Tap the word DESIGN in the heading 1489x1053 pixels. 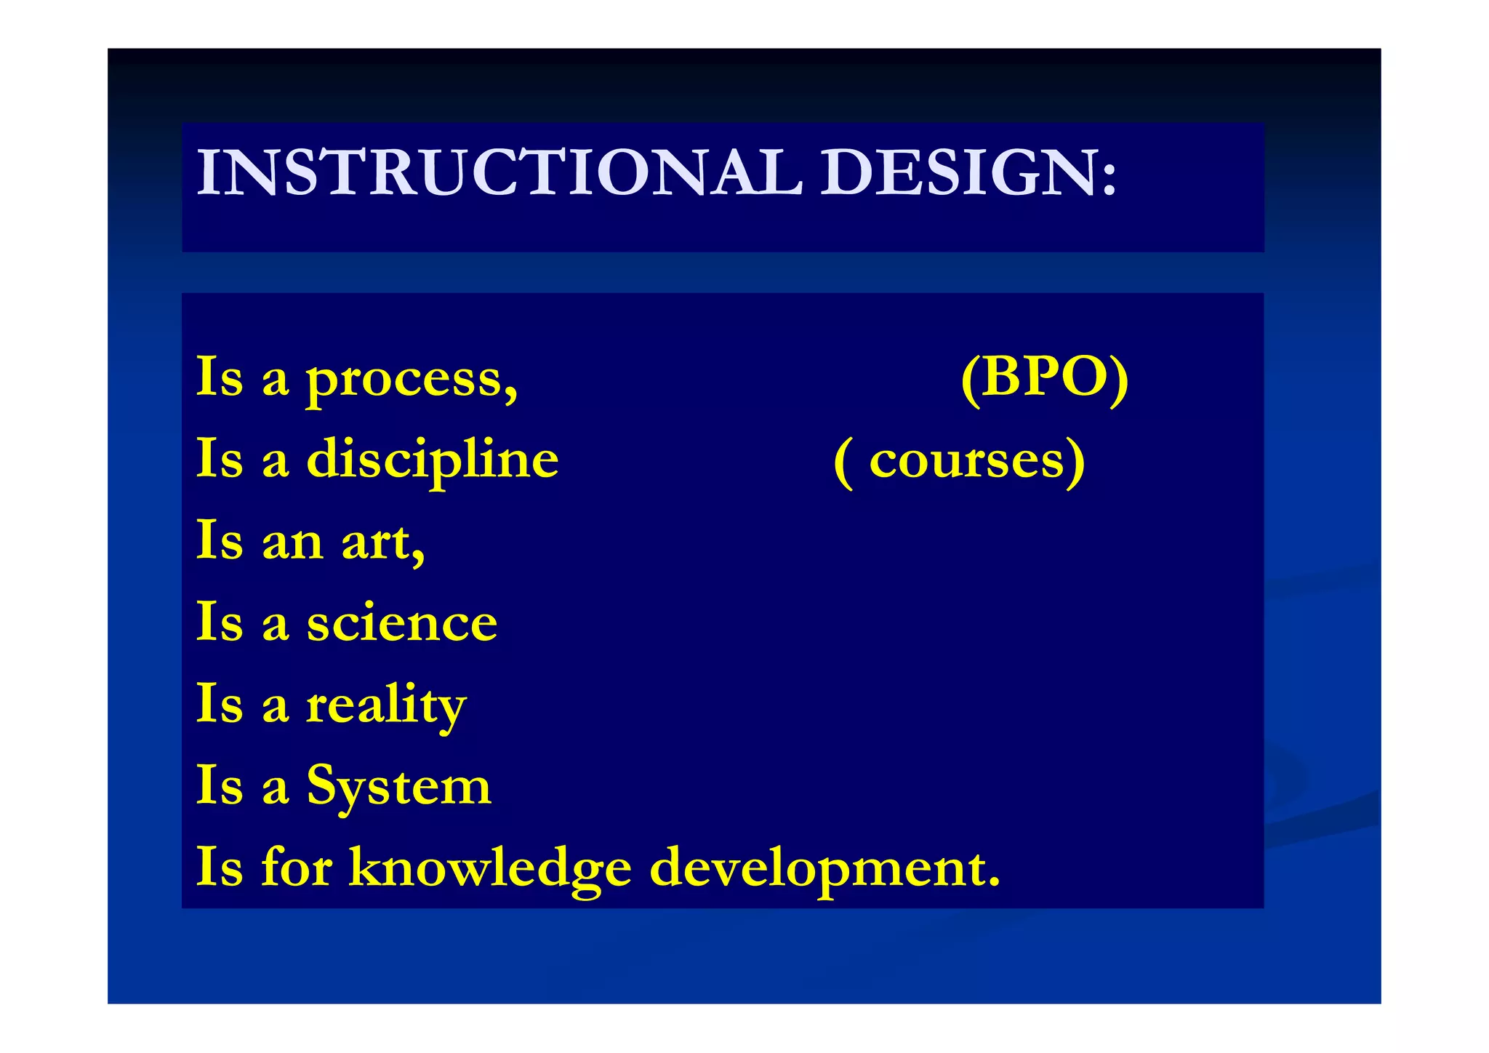click(x=959, y=173)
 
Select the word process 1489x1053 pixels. click(x=404, y=380)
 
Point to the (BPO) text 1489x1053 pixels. click(x=1044, y=378)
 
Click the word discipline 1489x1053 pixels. click(x=433, y=461)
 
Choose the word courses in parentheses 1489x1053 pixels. click(x=967, y=461)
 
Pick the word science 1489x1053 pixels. click(x=402, y=624)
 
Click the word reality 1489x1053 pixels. click(x=386, y=705)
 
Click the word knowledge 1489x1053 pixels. click(x=490, y=868)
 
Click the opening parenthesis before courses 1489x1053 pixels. click(x=843, y=463)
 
